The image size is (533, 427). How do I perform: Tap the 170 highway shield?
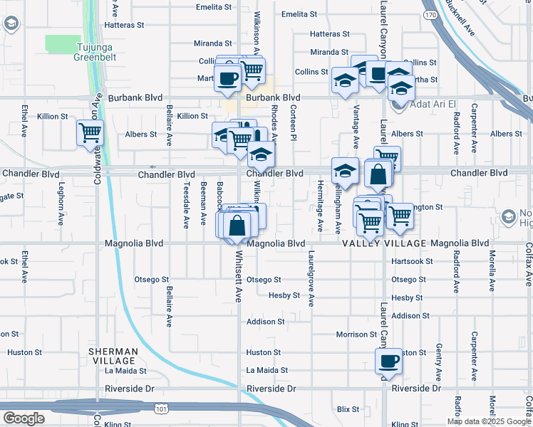[x=430, y=14]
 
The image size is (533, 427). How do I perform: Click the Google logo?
[x=24, y=418]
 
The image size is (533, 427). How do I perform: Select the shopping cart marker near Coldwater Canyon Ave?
[x=90, y=132]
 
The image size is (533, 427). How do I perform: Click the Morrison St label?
[x=356, y=334]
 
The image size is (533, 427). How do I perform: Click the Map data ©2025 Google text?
[x=489, y=421]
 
